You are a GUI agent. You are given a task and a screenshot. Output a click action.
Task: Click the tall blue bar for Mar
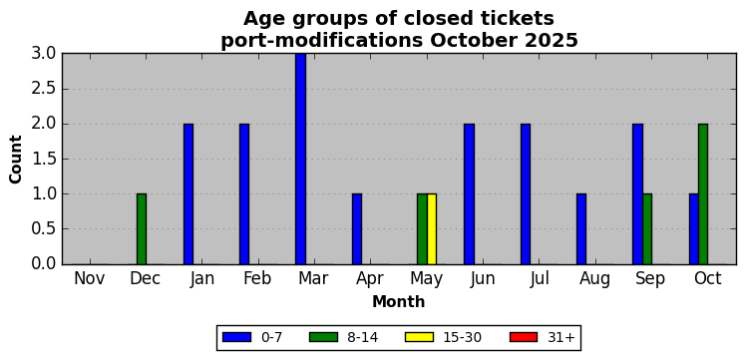coord(301,159)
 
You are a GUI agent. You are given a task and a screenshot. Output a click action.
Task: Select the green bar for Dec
coord(142,229)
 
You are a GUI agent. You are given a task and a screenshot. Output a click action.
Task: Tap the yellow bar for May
coord(432,229)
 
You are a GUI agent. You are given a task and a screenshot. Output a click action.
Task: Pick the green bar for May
coord(422,229)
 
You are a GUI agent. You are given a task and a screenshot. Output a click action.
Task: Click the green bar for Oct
coord(703,193)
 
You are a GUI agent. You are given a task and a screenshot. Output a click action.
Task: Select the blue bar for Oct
coord(694,229)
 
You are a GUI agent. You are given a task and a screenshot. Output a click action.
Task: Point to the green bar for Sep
coord(647,229)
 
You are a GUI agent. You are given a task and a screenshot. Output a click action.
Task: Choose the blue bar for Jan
coord(188,193)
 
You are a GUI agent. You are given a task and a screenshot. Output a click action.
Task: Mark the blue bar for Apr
coord(357,229)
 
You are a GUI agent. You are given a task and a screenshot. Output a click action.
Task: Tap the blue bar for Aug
coord(581,229)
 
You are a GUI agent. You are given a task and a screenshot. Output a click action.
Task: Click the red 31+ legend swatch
coord(524,337)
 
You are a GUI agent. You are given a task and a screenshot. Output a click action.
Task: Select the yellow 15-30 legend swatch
coord(419,337)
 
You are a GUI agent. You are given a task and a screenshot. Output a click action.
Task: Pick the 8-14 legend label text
coord(364,337)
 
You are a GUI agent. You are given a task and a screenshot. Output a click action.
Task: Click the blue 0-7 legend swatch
coord(236,337)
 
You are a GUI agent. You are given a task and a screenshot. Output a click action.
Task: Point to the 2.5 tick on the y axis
coord(44,90)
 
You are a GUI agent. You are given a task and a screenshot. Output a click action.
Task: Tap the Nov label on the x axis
coord(90,278)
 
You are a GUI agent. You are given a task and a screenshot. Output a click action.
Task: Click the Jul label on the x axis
coord(540,278)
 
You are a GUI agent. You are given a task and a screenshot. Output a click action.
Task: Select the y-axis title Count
coord(16,160)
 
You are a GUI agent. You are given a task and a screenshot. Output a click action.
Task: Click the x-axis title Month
coord(398,301)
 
